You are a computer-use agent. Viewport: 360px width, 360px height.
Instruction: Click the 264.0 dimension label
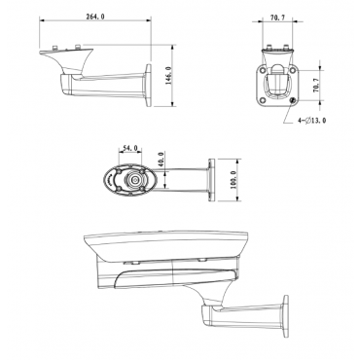[95, 17]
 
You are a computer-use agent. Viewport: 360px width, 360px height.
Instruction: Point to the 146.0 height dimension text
[168, 75]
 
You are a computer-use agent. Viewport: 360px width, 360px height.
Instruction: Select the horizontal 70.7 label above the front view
[277, 18]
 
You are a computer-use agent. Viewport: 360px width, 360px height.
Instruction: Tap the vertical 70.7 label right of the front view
[316, 86]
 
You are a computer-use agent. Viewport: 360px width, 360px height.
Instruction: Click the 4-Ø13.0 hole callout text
[312, 121]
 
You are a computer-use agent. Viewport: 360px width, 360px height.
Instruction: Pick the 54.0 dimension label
[130, 148]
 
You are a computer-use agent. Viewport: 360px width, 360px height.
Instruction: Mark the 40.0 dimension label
[162, 160]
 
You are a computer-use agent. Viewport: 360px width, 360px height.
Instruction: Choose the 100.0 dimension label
[234, 180]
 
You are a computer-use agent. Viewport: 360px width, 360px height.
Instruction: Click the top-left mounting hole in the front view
[263, 69]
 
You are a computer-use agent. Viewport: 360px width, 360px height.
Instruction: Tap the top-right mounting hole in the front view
[293, 69]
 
